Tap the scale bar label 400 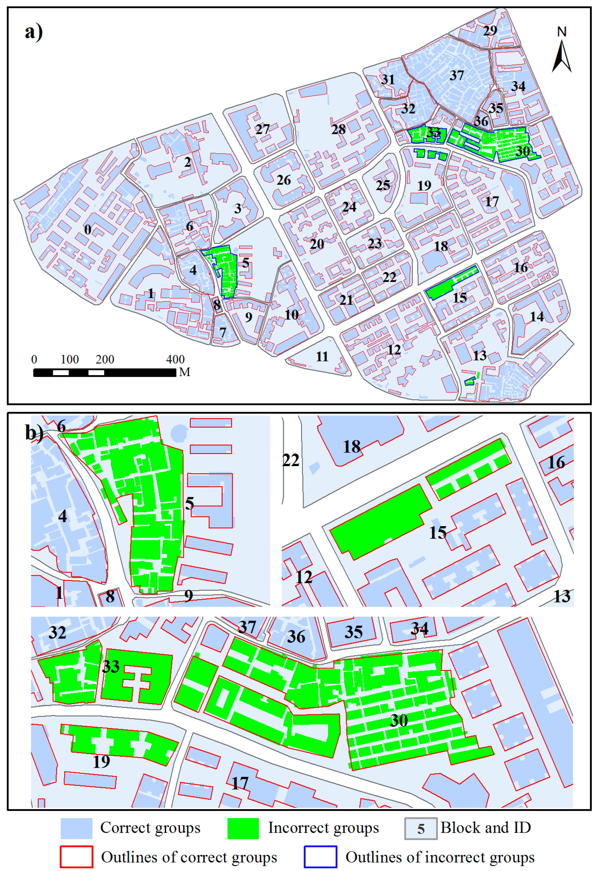click(175, 359)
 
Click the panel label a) click(34, 32)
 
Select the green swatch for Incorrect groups click(243, 828)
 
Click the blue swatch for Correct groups click(76, 828)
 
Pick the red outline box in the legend click(76, 856)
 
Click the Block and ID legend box click(421, 828)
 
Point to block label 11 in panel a click(322, 356)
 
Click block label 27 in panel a click(262, 129)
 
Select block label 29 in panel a click(490, 30)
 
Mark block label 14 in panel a click(537, 317)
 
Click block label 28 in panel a click(338, 129)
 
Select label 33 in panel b click(111, 666)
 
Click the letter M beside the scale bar click(184, 372)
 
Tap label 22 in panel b click(291, 460)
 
